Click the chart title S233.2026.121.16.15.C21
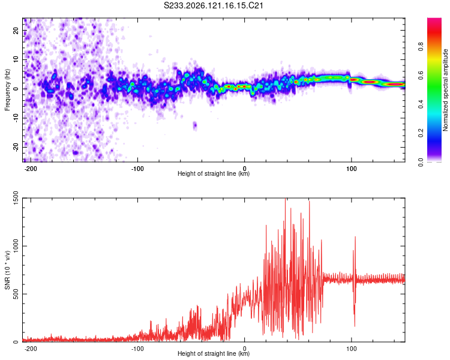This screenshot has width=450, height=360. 213,5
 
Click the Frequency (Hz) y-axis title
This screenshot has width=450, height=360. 7,89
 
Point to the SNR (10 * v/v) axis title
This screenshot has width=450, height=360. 7,270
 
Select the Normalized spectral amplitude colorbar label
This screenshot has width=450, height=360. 445,89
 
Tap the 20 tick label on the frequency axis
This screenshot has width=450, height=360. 16,30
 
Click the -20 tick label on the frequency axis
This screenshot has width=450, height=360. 16,146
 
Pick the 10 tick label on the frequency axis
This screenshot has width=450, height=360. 16,59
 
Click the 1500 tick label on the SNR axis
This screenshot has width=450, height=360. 16,199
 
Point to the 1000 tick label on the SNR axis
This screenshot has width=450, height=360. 16,246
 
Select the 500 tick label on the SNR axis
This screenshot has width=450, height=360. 16,294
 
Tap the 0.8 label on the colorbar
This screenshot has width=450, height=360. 421,46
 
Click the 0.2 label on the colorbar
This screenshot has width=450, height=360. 421,133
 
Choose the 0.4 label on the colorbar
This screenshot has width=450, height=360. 421,104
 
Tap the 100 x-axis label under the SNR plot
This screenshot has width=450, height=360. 351,349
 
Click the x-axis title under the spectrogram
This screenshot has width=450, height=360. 214,173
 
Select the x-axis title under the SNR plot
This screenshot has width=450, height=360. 214,353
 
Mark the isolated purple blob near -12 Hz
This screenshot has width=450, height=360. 195,125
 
